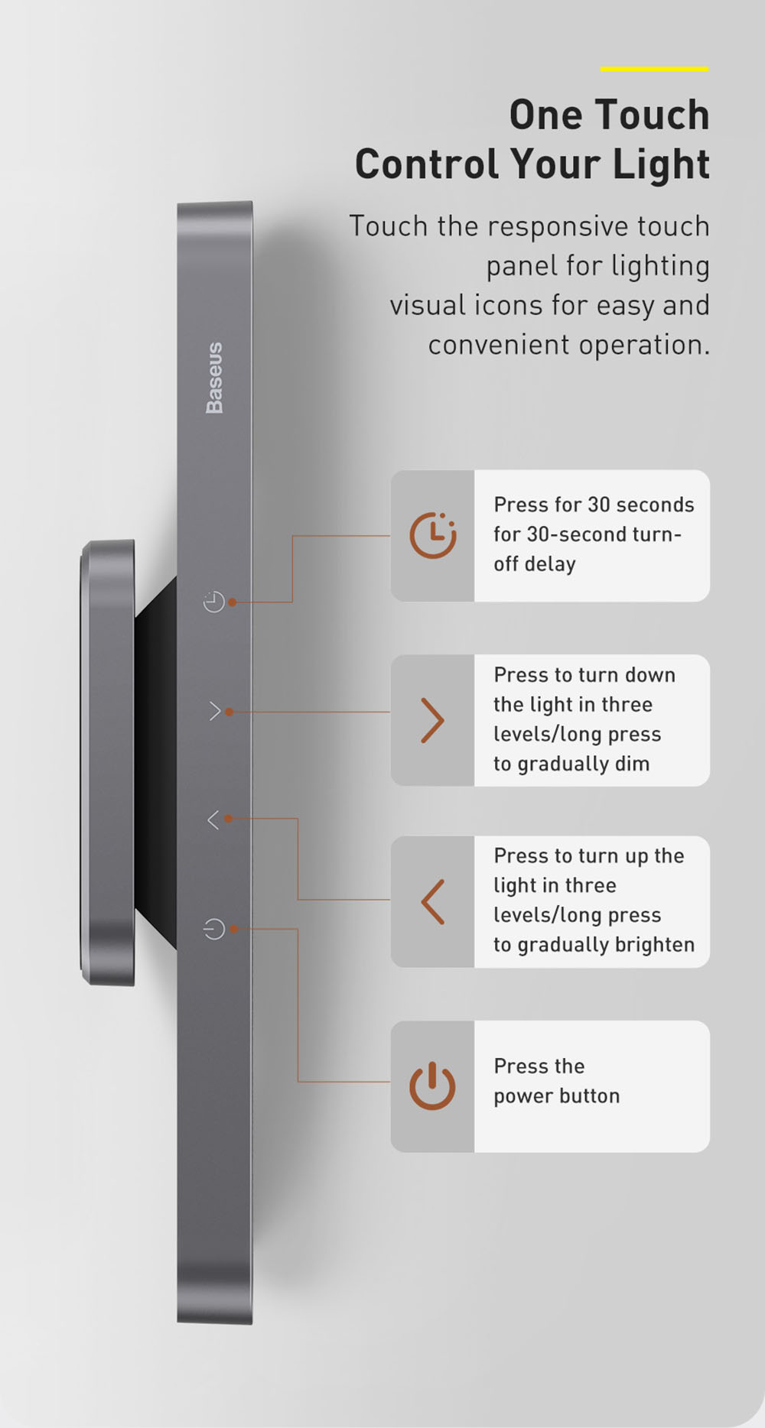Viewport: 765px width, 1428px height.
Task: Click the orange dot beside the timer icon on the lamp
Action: point(232,602)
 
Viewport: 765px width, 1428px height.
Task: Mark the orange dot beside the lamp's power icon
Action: point(233,929)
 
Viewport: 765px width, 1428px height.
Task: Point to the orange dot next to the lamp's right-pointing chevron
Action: point(229,712)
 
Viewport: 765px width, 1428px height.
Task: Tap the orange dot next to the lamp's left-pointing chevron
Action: point(228,818)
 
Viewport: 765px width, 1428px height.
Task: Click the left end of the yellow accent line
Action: point(601,69)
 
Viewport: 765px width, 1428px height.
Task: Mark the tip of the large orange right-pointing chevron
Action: point(443,720)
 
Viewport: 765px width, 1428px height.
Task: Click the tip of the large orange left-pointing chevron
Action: point(422,902)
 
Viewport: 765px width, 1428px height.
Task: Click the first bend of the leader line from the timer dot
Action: point(292,602)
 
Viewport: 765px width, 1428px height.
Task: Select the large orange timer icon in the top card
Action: point(433,534)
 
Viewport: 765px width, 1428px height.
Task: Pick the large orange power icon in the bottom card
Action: point(432,1086)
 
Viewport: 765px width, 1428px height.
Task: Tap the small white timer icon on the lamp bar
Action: point(214,602)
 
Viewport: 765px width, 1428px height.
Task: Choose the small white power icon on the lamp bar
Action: point(214,929)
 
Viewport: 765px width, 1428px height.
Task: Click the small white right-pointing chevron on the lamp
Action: point(215,712)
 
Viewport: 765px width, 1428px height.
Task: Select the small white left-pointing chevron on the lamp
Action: point(213,819)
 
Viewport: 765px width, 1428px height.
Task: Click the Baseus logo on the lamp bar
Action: point(215,378)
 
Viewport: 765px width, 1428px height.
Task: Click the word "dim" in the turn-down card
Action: point(633,763)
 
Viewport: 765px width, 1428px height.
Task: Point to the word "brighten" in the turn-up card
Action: point(654,945)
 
